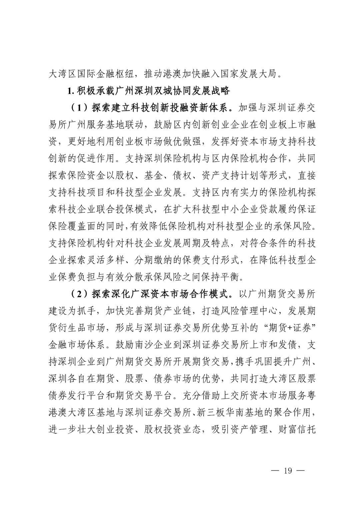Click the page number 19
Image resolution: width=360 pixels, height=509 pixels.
point(287,470)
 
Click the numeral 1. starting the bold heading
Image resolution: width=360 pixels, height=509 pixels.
point(70,91)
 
